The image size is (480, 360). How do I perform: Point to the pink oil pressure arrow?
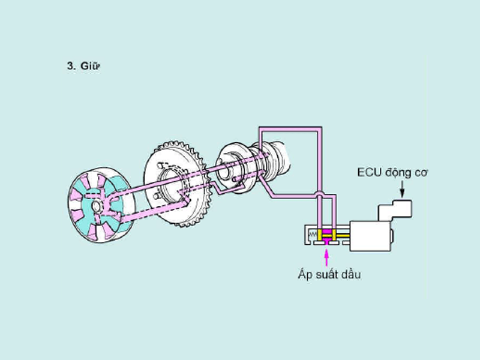click(x=327, y=256)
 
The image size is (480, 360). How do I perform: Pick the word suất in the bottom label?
click(x=326, y=275)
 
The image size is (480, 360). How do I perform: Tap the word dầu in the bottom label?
click(x=350, y=275)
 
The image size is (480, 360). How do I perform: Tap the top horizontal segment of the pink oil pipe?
click(x=288, y=129)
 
